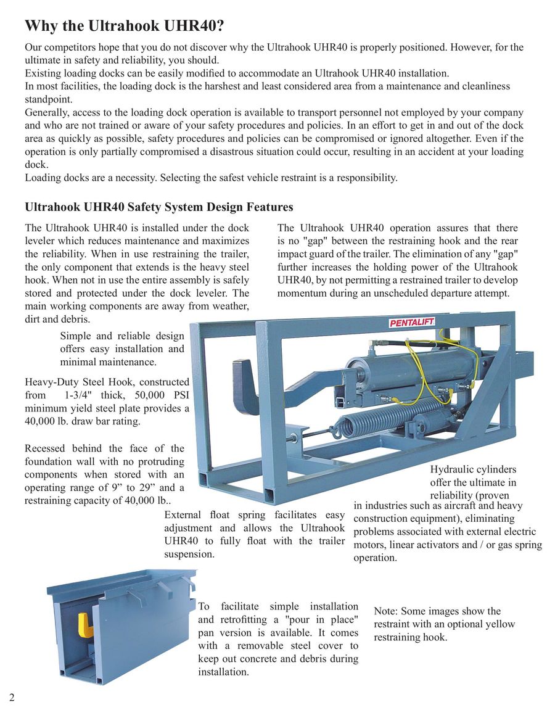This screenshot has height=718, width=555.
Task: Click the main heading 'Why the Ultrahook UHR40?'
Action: (x=124, y=26)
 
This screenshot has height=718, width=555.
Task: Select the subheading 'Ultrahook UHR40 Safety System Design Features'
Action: (x=158, y=207)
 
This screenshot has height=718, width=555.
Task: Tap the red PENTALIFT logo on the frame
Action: (x=412, y=322)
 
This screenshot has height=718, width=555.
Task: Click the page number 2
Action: (x=12, y=697)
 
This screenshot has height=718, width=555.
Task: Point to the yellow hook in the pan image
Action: (x=87, y=624)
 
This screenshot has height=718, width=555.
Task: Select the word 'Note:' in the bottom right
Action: (x=387, y=611)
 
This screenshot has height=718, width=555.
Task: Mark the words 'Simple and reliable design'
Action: (x=122, y=336)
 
